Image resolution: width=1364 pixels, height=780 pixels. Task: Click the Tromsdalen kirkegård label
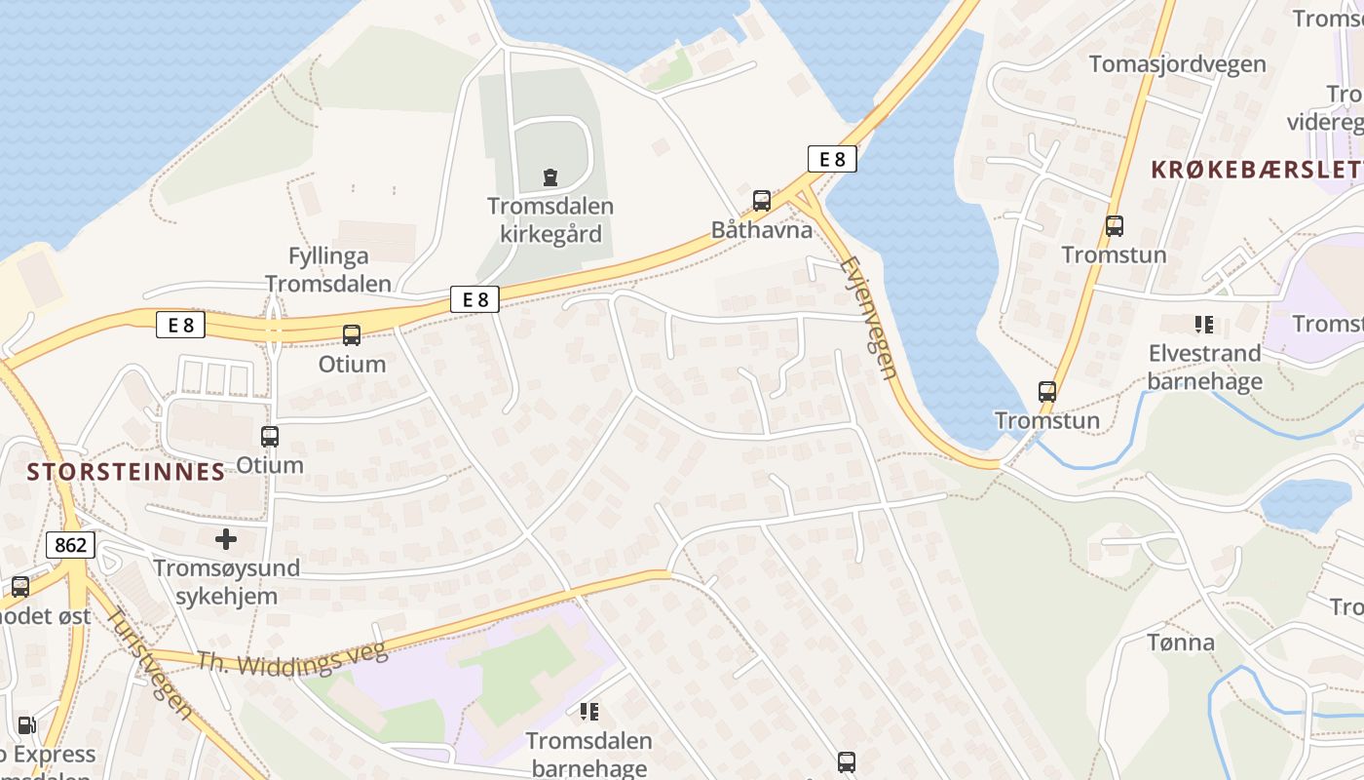point(550,220)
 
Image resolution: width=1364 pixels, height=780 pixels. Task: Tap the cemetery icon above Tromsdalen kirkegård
point(550,177)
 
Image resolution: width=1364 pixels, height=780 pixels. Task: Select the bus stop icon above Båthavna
point(762,201)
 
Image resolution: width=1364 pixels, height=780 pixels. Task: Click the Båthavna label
point(762,230)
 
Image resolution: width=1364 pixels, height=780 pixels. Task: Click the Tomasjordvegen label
point(1177,64)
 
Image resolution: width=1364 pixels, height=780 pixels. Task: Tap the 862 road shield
point(71,545)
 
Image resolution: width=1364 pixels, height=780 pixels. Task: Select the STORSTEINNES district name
point(127,472)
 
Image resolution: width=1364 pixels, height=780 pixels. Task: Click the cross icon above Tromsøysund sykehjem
point(226,538)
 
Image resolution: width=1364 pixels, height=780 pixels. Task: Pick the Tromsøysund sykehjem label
point(227,581)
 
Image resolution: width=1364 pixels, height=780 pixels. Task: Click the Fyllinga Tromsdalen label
point(328,270)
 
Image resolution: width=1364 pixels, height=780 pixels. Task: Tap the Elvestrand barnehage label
point(1204,367)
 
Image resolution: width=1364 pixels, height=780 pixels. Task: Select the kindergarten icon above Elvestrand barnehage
point(1203,324)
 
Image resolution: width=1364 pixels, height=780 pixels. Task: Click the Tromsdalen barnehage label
point(588,754)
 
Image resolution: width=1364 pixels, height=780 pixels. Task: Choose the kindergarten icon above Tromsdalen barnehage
point(588,712)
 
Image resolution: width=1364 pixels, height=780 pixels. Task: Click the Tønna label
point(1181,643)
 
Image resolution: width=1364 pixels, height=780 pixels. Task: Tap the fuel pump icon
point(27,725)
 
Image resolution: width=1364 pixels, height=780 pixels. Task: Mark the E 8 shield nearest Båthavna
point(832,159)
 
